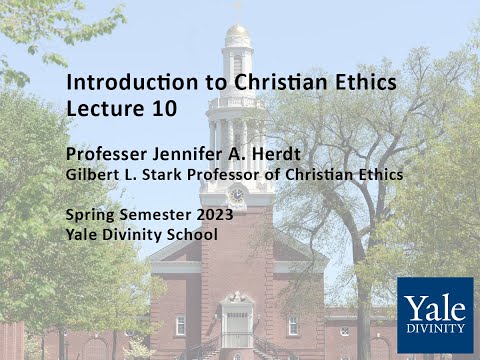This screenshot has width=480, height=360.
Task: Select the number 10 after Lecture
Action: [163, 107]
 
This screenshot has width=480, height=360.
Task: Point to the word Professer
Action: [106, 155]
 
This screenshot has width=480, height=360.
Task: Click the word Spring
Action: [89, 216]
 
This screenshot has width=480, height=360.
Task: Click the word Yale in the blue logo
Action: [434, 304]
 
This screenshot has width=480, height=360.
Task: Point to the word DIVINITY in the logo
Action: [434, 328]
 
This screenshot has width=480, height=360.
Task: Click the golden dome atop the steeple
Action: [237, 33]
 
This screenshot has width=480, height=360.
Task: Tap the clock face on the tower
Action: [237, 193]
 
